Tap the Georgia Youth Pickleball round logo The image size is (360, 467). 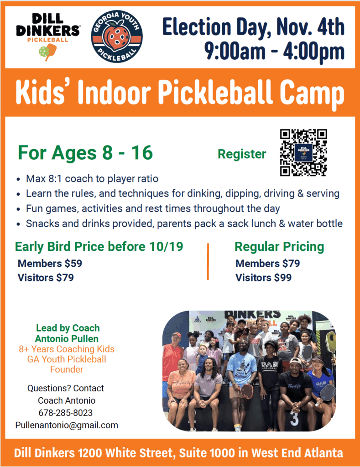coord(117,36)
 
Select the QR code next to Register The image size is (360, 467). coord(303,152)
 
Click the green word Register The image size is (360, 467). coord(242,154)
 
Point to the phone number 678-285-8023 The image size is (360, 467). coord(66,413)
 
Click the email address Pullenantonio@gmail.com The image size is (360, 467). coord(67,425)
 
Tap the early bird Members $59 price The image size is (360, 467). coord(50,263)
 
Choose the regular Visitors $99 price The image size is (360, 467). coord(263,278)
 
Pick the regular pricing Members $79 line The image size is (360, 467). coord(268,263)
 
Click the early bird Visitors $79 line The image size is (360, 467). coord(46,278)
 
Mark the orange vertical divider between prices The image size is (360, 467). coord(208,261)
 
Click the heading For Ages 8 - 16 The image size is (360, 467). coord(85,153)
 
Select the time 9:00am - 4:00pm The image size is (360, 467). coord(274,51)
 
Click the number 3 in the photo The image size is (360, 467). coord(294,419)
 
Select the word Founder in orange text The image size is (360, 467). coord(67,369)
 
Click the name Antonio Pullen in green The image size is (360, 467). coord(67,339)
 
